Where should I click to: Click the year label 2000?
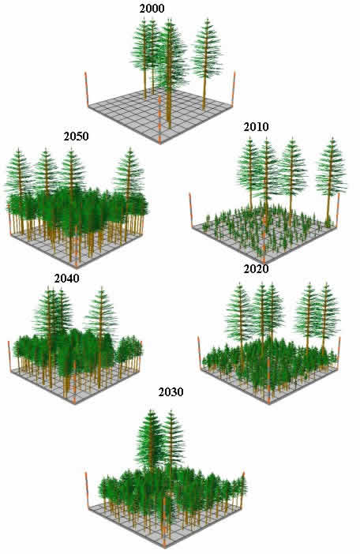tap(152, 9)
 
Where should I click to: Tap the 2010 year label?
tap(256, 127)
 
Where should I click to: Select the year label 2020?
tap(256, 269)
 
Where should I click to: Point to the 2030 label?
tap(171, 392)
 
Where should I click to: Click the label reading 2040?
tap(66, 279)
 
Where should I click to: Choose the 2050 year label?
tap(76, 137)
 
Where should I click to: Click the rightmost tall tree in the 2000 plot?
tap(206, 60)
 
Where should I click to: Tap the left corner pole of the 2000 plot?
tap(86, 90)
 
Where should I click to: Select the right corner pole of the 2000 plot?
tap(233, 88)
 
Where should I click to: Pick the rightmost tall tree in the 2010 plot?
tap(331, 177)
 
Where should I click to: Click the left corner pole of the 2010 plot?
tap(191, 210)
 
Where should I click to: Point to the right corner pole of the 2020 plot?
tap(339, 353)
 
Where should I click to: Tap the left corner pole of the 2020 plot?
tap(200, 353)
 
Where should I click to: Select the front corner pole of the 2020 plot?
tap(268, 381)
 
